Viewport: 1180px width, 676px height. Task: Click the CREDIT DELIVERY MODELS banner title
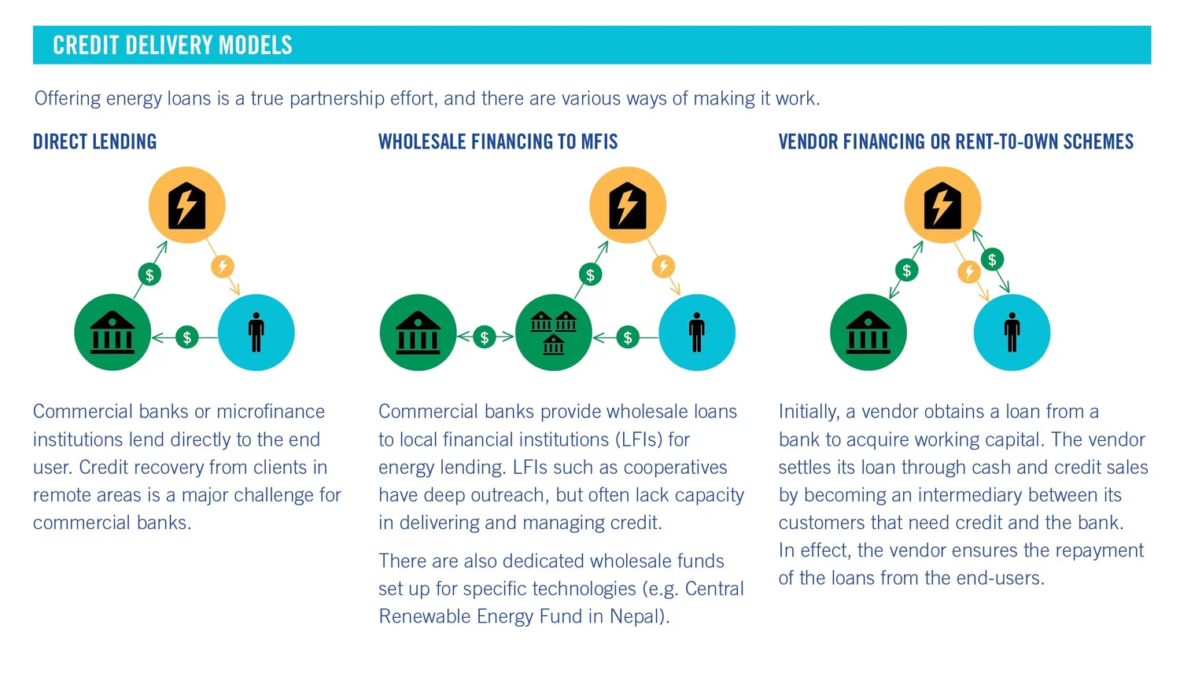point(172,46)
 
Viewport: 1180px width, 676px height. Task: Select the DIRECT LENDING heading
point(94,142)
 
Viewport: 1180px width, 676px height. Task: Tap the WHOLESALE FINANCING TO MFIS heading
point(498,142)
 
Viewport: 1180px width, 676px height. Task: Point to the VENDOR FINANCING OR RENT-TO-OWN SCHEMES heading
point(956,142)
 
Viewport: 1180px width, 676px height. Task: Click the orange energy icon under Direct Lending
point(187,205)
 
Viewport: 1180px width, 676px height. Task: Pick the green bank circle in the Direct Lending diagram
point(112,332)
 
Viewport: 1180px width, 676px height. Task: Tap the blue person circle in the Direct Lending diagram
point(256,332)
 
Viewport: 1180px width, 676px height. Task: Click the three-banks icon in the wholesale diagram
point(554,332)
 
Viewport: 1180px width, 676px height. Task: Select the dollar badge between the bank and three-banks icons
point(485,337)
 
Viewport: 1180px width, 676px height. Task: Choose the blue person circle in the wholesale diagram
point(697,332)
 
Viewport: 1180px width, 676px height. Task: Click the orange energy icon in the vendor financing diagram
point(942,205)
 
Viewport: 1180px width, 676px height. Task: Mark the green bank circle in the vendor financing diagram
point(868,332)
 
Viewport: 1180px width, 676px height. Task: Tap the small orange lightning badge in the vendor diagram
point(969,272)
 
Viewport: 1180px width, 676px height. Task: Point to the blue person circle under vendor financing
point(1012,332)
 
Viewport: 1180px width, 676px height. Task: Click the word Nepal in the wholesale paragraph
point(636,617)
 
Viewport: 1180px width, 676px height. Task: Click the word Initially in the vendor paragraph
point(808,412)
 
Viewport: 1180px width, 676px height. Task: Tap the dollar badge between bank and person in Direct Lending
point(186,337)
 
